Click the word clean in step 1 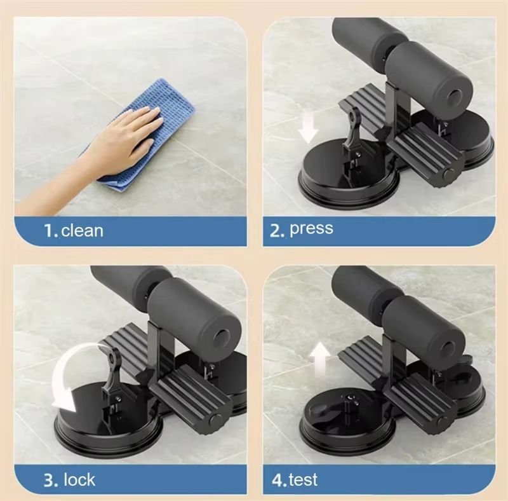click(x=83, y=231)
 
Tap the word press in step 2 click(x=311, y=229)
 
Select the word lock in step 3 click(x=80, y=479)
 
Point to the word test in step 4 click(x=304, y=479)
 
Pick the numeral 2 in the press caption click(x=276, y=231)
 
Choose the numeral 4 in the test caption click(x=277, y=480)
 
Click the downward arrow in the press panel click(x=308, y=127)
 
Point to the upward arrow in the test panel click(x=320, y=359)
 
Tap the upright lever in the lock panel click(x=112, y=370)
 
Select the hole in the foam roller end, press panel click(x=454, y=96)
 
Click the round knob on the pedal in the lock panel click(x=214, y=420)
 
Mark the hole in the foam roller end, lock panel click(x=223, y=336)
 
